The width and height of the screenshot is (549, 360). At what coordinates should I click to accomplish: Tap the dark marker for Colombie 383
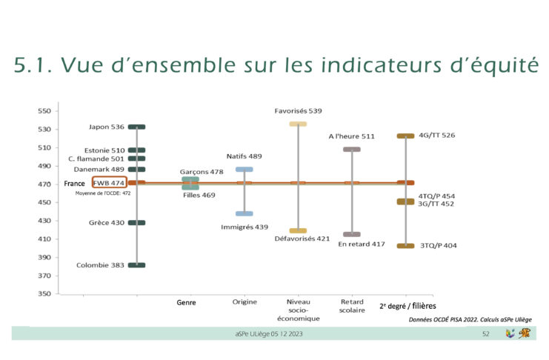[x=136, y=265]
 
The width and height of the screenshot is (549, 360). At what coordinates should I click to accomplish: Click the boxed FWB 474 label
[x=109, y=182]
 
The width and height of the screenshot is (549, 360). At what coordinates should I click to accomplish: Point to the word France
[x=74, y=183]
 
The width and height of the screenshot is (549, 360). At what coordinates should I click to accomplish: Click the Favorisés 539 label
[x=298, y=111]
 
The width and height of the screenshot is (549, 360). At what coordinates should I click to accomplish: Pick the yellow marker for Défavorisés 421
[x=298, y=231]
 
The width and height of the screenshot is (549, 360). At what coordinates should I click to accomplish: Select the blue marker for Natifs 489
[x=244, y=170]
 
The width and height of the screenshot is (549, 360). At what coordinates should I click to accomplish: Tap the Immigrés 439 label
[x=244, y=227]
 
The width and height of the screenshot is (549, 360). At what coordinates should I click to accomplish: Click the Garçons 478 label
[x=202, y=171]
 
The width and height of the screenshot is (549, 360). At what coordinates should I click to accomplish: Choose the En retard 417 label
[x=362, y=244]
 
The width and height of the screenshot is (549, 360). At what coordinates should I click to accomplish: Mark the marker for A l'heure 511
[x=352, y=150]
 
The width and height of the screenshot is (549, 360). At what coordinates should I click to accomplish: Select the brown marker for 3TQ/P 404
[x=405, y=246]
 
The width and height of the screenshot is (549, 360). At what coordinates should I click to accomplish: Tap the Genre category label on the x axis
[x=187, y=303]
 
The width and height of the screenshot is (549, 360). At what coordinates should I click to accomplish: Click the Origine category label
[x=244, y=303]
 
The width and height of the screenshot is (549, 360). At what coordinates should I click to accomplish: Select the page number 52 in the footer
[x=485, y=335]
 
